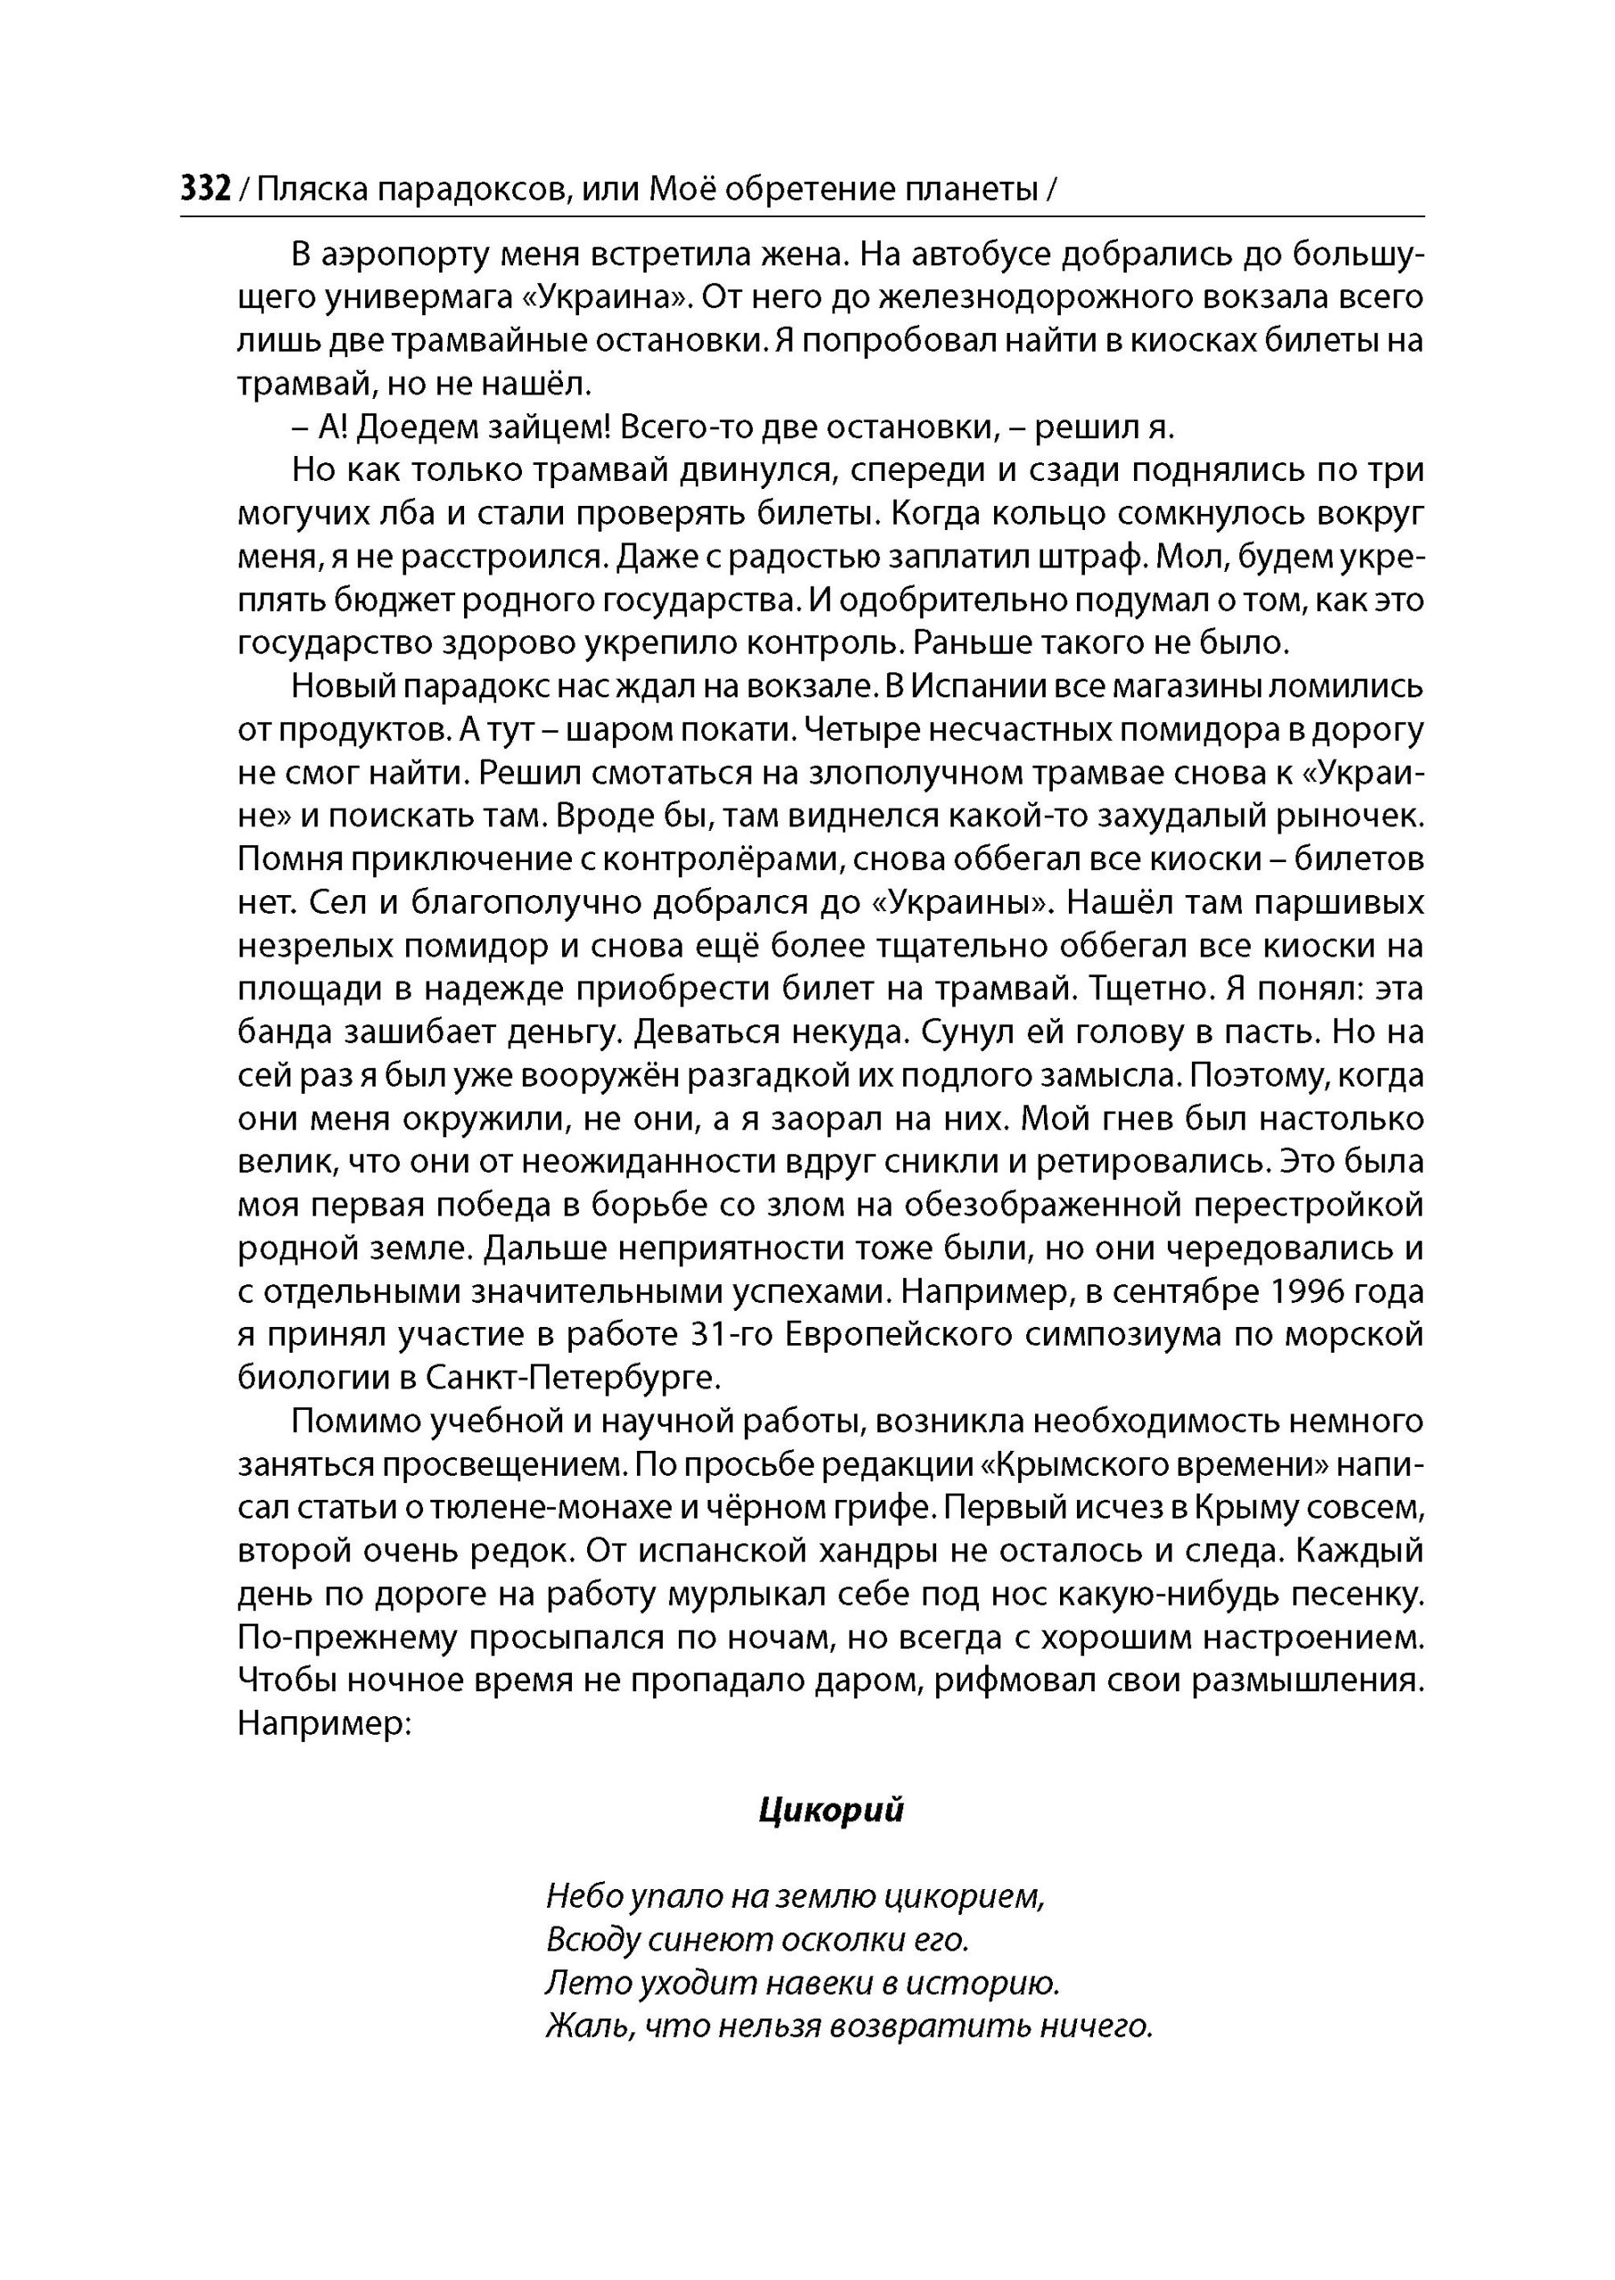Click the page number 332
pos(206,188)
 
